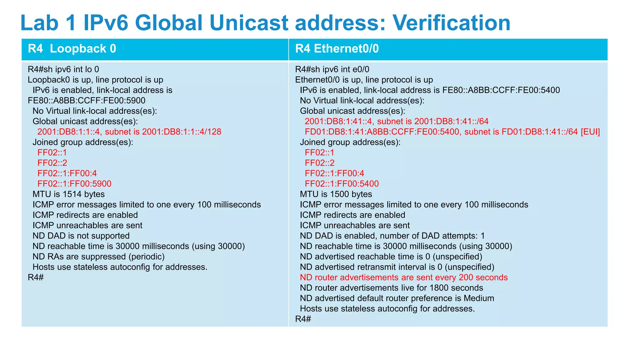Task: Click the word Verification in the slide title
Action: pos(451,22)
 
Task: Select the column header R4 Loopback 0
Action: pos(72,49)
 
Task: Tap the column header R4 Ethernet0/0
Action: pos(337,49)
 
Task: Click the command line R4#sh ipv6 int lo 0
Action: pos(63,69)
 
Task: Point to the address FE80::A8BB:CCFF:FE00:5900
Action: pos(87,101)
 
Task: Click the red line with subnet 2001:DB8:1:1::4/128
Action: pos(129,132)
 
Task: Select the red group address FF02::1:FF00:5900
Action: pos(74,184)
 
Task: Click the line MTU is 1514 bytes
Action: pos(68,194)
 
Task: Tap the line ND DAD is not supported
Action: pos(81,236)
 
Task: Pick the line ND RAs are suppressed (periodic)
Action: pos(98,257)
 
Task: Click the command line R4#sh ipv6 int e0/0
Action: pos(332,69)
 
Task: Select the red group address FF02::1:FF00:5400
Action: pos(342,184)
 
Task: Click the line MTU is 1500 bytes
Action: pos(336,194)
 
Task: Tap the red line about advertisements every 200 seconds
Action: pos(404,277)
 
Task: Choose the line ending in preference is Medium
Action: pos(397,298)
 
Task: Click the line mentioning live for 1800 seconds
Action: pos(391,288)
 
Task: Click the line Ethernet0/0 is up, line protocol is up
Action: pos(364,80)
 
